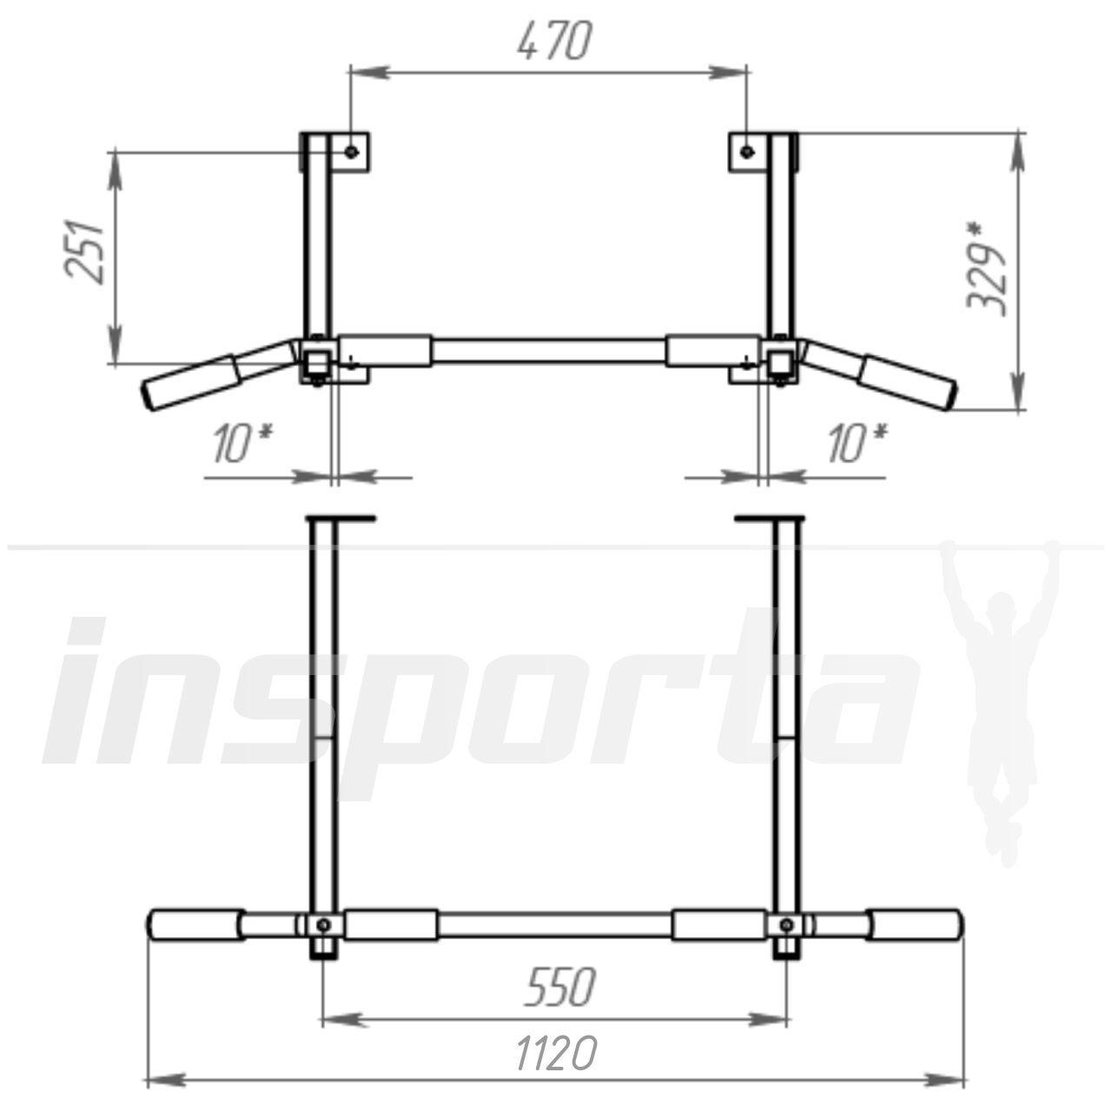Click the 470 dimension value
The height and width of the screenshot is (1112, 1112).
(x=554, y=41)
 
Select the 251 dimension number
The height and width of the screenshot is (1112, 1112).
(x=85, y=252)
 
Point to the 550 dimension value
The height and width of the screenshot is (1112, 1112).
(x=559, y=988)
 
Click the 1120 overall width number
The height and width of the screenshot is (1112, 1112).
(x=556, y=1053)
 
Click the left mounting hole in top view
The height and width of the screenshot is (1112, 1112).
(x=352, y=152)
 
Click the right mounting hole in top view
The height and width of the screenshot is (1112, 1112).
(x=747, y=152)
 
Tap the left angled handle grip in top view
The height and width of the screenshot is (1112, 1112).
(x=191, y=382)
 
